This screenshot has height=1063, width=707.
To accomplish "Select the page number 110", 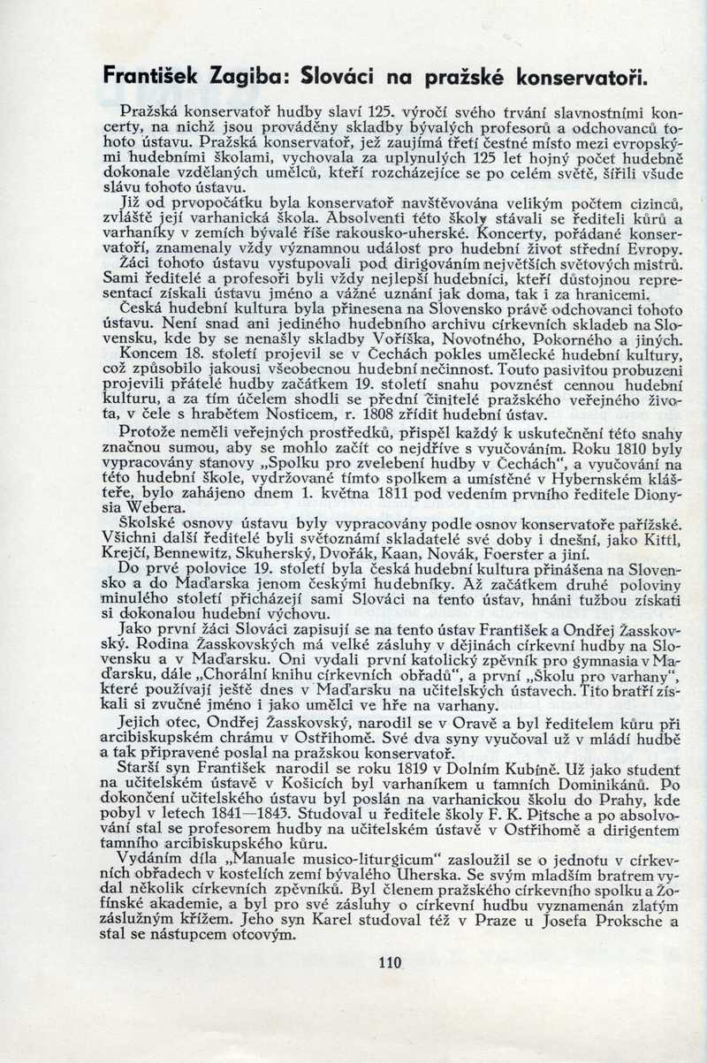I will [x=389, y=962].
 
